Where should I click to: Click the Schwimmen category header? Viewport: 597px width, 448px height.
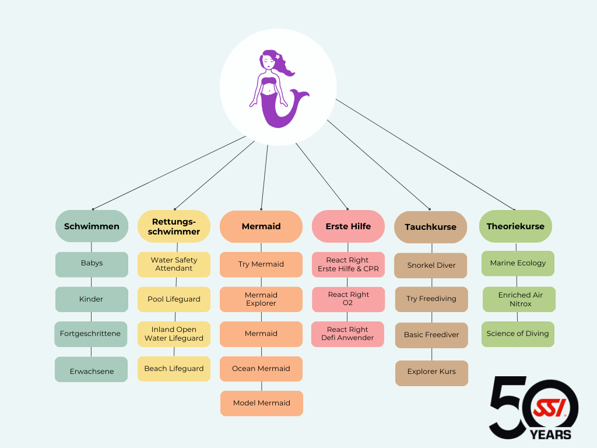tap(92, 226)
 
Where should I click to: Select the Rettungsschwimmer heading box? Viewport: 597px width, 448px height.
tap(174, 226)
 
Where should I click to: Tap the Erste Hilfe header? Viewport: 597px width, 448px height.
tap(348, 226)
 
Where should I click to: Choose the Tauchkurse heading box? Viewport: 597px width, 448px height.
tap(430, 227)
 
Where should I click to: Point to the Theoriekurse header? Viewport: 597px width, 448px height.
tap(515, 226)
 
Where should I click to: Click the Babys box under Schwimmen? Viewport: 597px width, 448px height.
tap(92, 264)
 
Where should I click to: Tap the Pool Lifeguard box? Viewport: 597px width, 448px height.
tap(174, 299)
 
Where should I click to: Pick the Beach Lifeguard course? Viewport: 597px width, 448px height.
tap(174, 369)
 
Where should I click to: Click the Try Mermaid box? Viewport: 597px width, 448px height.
tap(261, 264)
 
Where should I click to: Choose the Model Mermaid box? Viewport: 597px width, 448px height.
tap(261, 403)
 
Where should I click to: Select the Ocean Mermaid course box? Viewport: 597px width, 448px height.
tap(261, 369)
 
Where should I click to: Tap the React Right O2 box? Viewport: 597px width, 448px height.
tap(348, 299)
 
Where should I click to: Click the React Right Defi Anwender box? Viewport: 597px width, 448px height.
tap(348, 334)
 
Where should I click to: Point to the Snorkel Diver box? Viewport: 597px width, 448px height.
tap(431, 265)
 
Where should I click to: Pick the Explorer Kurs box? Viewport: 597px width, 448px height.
tap(431, 372)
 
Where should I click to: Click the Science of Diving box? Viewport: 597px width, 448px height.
tap(518, 334)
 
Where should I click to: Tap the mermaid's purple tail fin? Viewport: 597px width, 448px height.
tap(300, 96)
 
